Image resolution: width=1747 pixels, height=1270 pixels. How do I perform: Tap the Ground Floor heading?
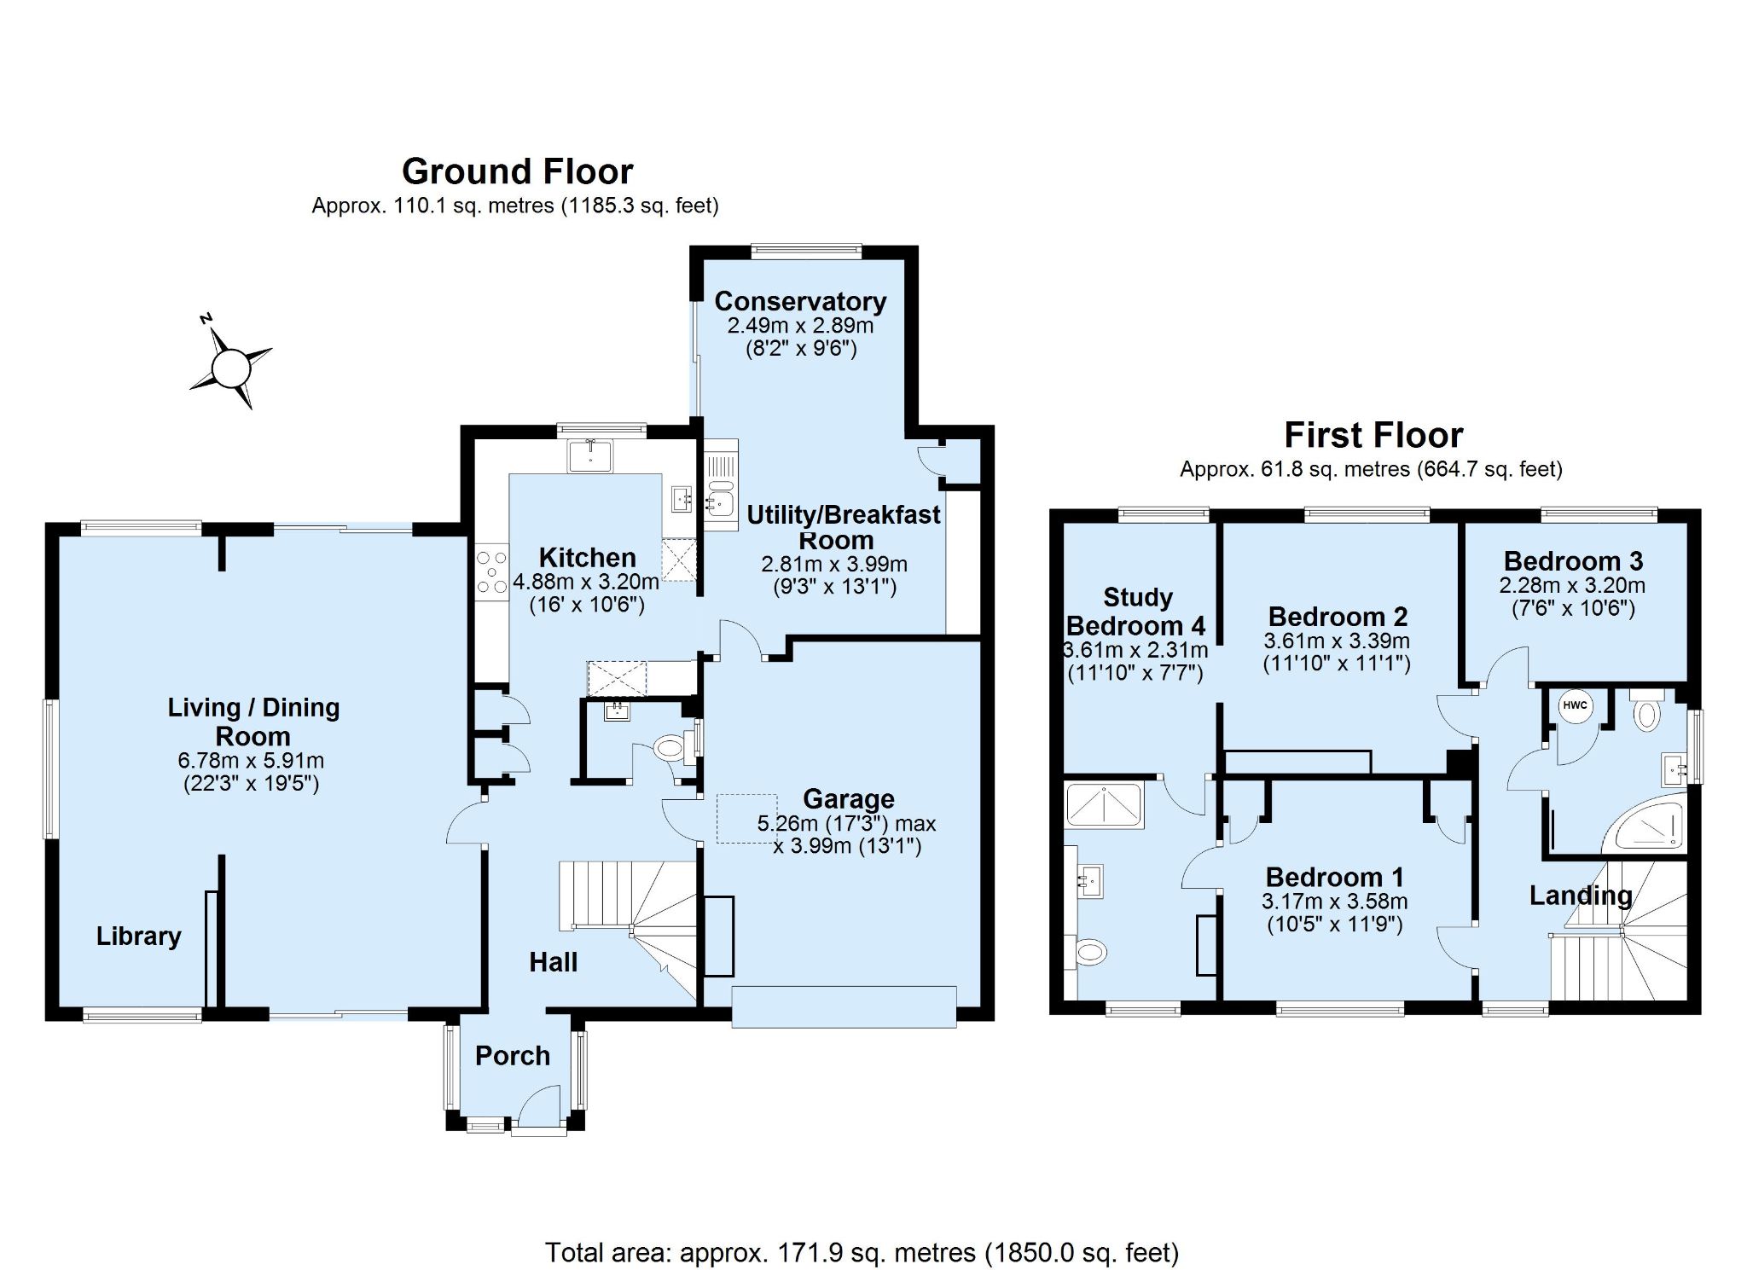pos(517,171)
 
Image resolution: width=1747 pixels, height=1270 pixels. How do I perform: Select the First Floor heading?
pos(1373,435)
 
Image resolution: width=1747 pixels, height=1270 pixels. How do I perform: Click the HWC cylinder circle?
pos(1575,706)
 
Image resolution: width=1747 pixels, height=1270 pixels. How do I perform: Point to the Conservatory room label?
pos(800,301)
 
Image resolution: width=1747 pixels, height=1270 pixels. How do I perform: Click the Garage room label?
pos(849,799)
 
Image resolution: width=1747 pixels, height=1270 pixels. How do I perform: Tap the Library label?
pos(138,937)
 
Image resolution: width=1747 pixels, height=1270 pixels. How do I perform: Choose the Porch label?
pos(513,1056)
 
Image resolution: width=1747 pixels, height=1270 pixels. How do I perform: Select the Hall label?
pos(554,962)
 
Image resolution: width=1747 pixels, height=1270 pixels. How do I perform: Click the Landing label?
pos(1581,896)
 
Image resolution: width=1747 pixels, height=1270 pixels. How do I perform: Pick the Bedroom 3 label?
pos(1573,561)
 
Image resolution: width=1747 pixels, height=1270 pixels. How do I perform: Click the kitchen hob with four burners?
pos(491,571)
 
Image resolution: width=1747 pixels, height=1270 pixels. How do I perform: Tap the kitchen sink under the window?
pos(590,455)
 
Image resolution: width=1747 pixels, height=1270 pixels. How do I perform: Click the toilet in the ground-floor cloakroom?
pos(670,749)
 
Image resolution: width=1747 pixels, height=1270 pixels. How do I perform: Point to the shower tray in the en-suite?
pos(1104,803)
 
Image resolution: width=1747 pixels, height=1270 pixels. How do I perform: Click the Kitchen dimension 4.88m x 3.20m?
pos(587,583)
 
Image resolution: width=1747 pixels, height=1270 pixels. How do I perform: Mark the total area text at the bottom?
pos(862,1252)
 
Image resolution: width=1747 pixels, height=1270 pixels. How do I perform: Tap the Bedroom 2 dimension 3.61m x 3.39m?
pos(1337,641)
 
